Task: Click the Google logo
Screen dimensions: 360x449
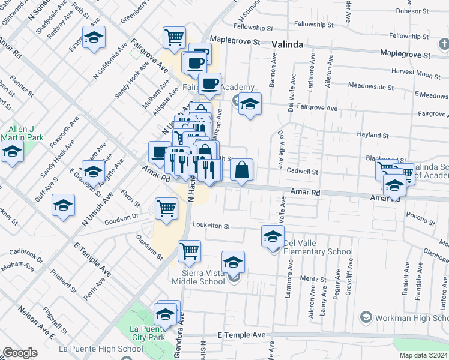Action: pyautogui.click(x=20, y=353)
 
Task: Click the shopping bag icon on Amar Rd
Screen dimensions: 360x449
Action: pyautogui.click(x=241, y=170)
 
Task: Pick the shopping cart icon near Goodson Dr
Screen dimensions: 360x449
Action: pyautogui.click(x=166, y=209)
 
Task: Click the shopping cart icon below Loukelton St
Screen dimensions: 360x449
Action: pyautogui.click(x=189, y=251)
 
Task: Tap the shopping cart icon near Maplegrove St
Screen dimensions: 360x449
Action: pyautogui.click(x=174, y=37)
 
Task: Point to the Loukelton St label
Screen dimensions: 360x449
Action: pyautogui.click(x=211, y=226)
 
